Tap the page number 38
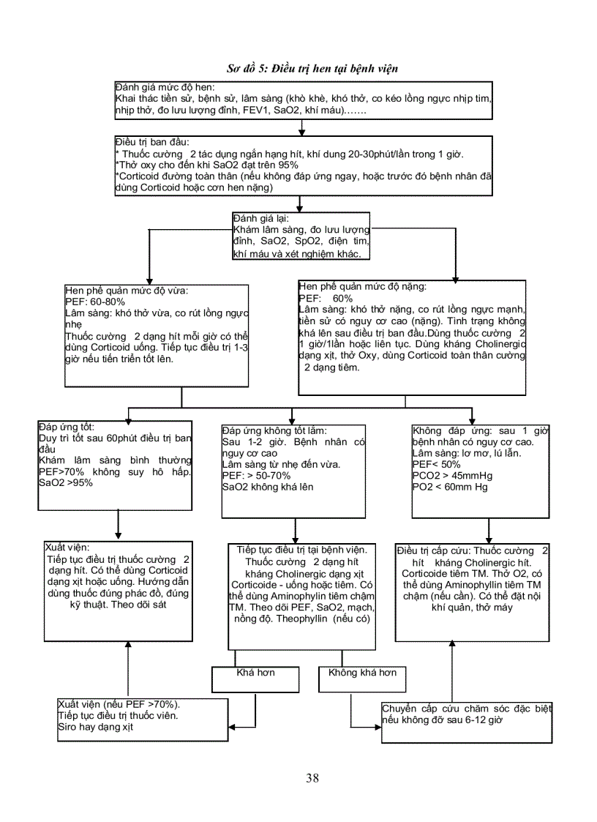(312, 778)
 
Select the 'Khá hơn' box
(255, 673)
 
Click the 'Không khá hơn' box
(362, 673)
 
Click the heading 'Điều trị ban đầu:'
(152, 141)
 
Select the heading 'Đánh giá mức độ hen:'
(164, 88)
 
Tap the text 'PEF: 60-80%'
(94, 301)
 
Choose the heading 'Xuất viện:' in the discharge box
(67, 547)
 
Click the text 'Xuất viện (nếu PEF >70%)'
(119, 704)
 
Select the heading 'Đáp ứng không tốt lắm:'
(274, 430)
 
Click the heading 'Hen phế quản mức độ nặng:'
(362, 287)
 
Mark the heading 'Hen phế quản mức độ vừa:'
(127, 290)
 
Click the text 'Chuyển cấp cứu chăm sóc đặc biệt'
(467, 709)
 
